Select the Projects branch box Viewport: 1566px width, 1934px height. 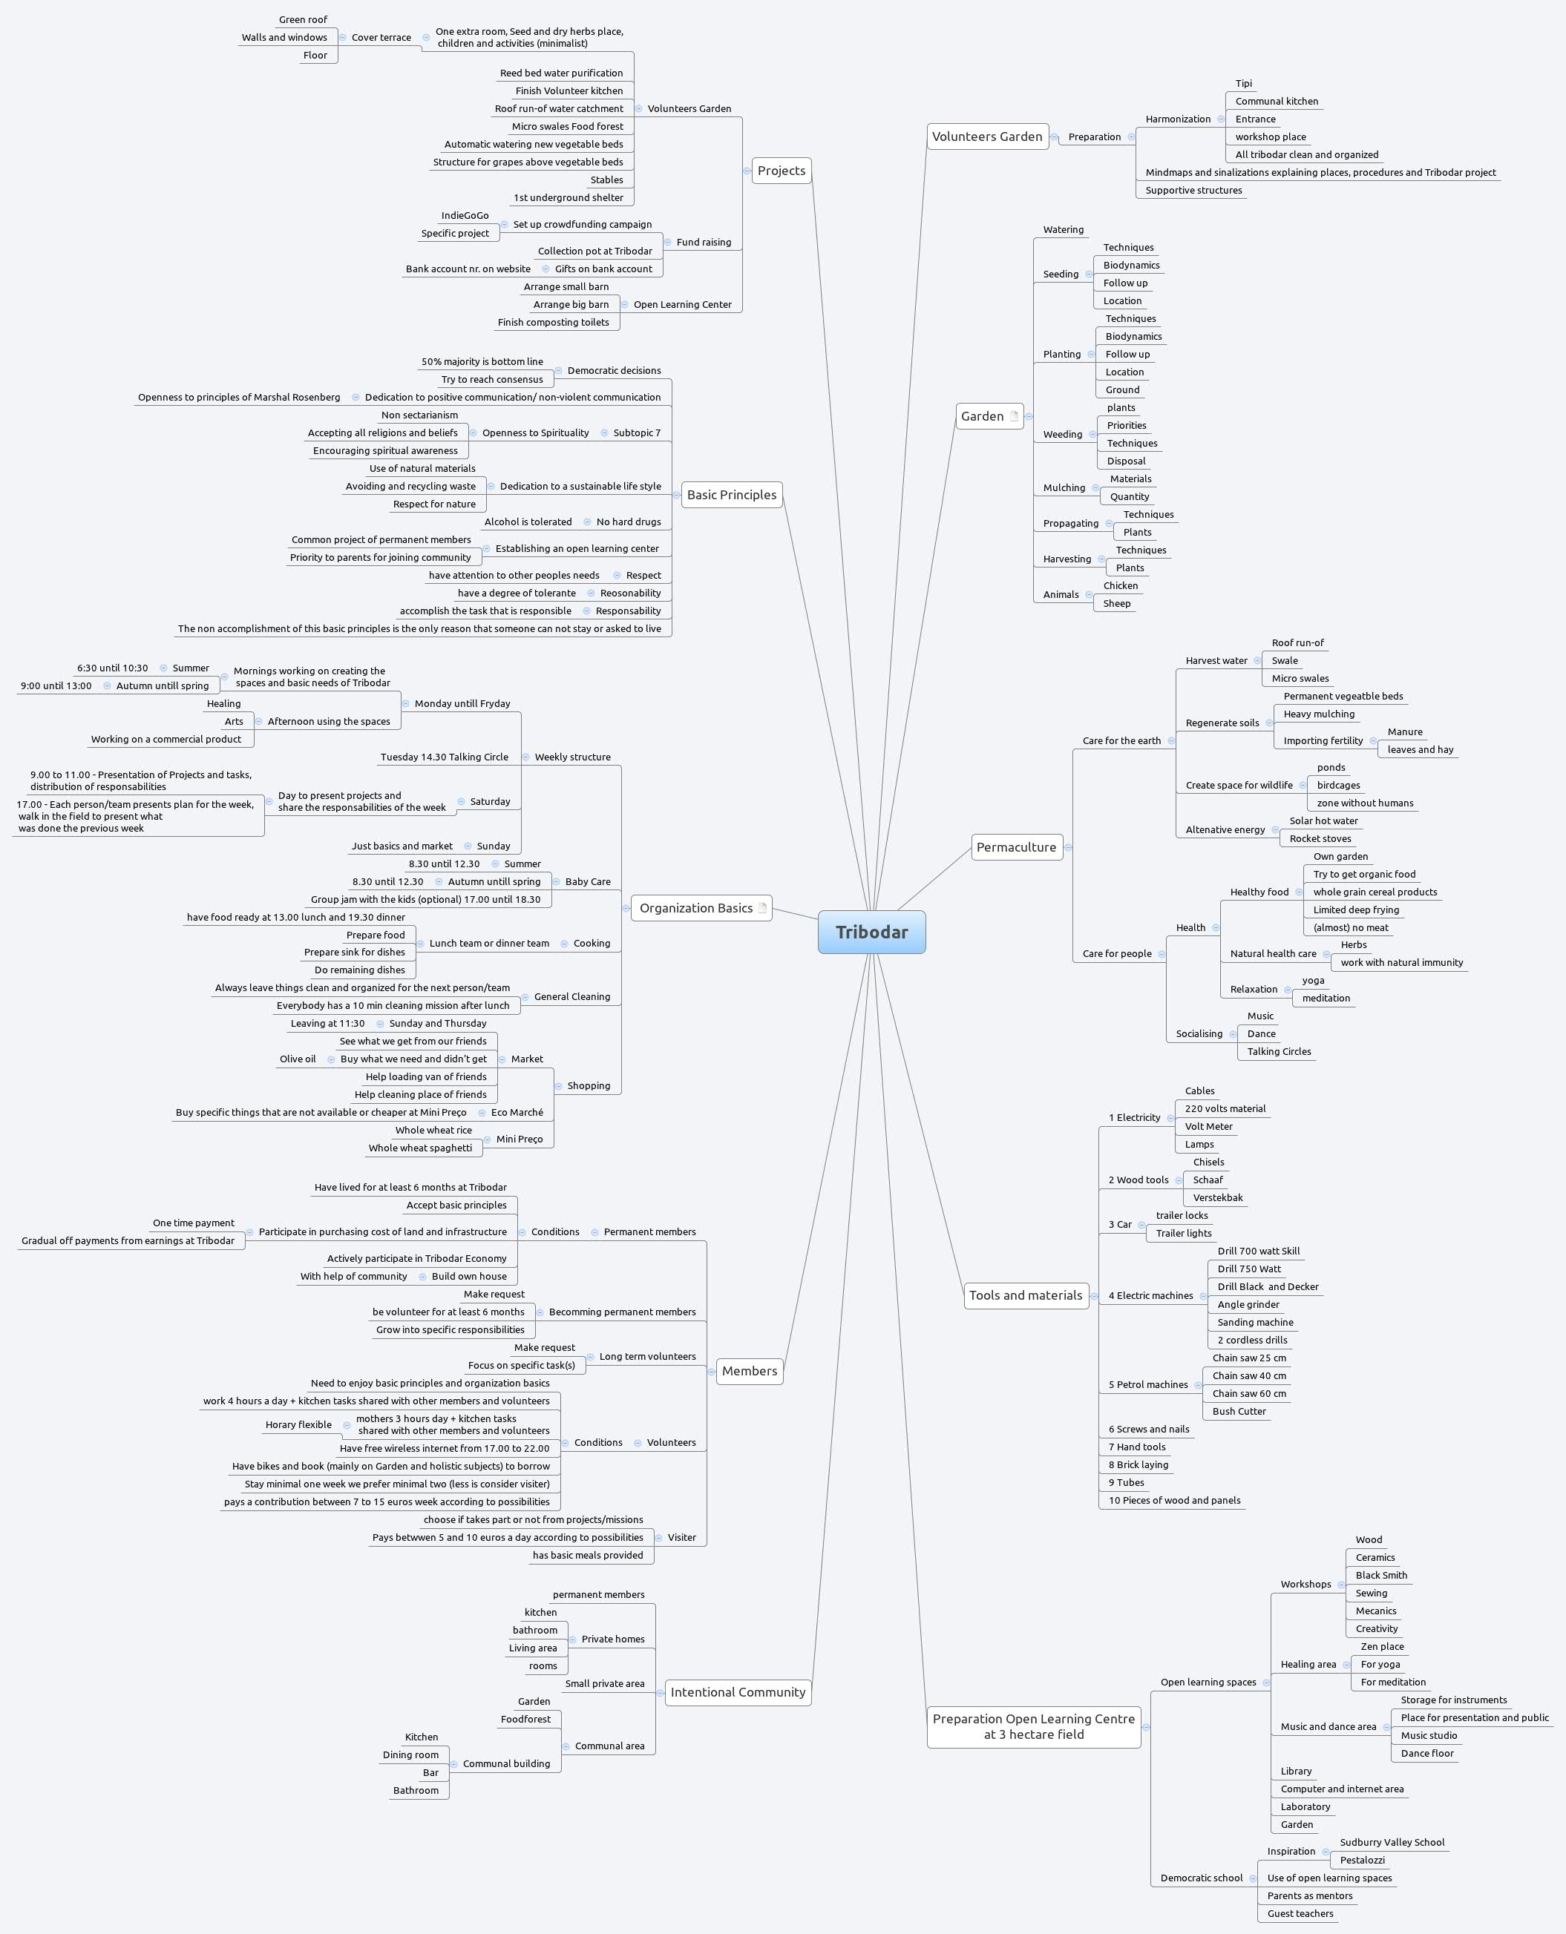pyautogui.click(x=782, y=171)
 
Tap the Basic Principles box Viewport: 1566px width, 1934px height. pyautogui.click(x=731, y=495)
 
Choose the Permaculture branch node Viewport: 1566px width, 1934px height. pyautogui.click(x=1016, y=846)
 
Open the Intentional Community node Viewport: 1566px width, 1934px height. pyautogui.click(x=737, y=1692)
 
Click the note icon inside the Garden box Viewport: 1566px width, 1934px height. pyautogui.click(x=1014, y=417)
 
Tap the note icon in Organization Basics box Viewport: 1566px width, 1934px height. pyautogui.click(x=762, y=908)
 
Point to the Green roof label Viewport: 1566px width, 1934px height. pyautogui.click(x=303, y=20)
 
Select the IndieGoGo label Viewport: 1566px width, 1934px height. pyautogui.click(x=465, y=215)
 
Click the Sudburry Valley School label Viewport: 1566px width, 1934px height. pyautogui.click(x=1392, y=1842)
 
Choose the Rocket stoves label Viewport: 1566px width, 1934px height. pyautogui.click(x=1320, y=838)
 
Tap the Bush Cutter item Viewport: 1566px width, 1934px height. pyautogui.click(x=1239, y=1411)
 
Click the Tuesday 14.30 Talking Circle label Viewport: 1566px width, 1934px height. pyautogui.click(x=444, y=757)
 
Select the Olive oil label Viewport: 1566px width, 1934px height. pyautogui.click(x=298, y=1059)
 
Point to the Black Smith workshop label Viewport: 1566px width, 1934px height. pyautogui.click(x=1380, y=1575)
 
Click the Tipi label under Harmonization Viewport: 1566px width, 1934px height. pyautogui.click(x=1243, y=84)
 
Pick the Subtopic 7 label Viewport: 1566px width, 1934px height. pyautogui.click(x=636, y=432)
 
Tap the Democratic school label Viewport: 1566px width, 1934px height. pyautogui.click(x=1201, y=1878)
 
